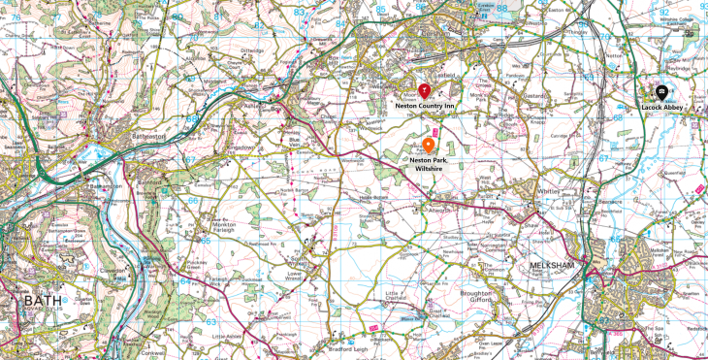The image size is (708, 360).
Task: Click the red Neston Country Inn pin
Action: pos(423,89)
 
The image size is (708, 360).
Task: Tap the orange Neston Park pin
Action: pos(428,145)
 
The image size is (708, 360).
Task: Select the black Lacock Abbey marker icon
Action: pos(661,93)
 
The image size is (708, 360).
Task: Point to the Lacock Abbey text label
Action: pos(662,109)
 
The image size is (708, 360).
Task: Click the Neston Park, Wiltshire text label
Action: pos(428,163)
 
